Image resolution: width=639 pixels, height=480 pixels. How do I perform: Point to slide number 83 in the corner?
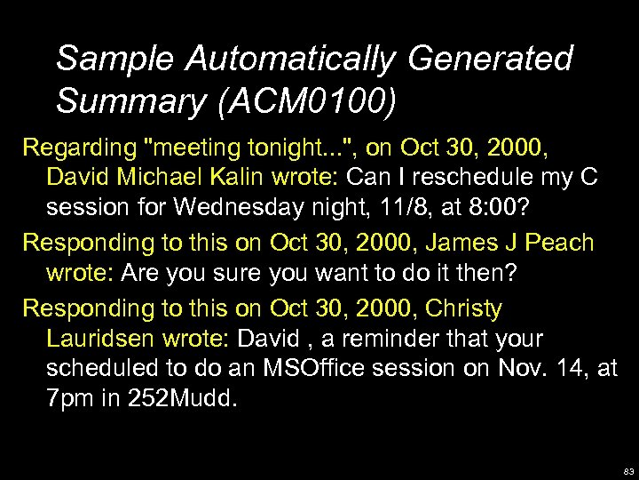click(x=627, y=471)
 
